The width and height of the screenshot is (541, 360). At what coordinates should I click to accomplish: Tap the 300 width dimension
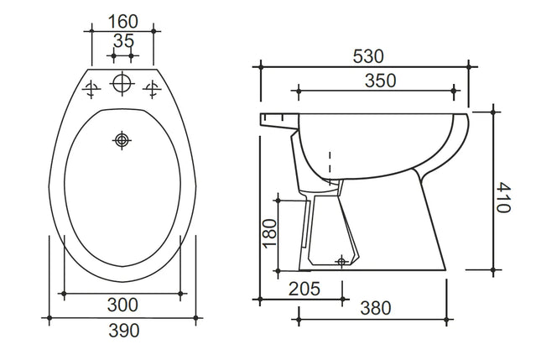(x=122, y=305)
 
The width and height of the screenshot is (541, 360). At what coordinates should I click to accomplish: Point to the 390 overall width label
(x=122, y=331)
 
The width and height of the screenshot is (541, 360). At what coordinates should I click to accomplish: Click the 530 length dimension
(x=368, y=56)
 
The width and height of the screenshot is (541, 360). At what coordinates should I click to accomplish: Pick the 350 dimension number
(x=379, y=81)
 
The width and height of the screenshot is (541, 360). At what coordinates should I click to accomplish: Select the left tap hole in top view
(x=92, y=86)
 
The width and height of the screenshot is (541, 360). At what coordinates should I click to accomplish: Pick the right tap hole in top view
(x=153, y=86)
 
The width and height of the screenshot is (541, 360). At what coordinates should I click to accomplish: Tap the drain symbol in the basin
(x=122, y=139)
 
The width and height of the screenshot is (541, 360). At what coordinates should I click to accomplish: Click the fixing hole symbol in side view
(x=341, y=262)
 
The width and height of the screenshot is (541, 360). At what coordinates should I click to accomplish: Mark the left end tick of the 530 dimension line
(x=262, y=65)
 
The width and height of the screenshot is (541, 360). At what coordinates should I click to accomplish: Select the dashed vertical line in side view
(x=330, y=168)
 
